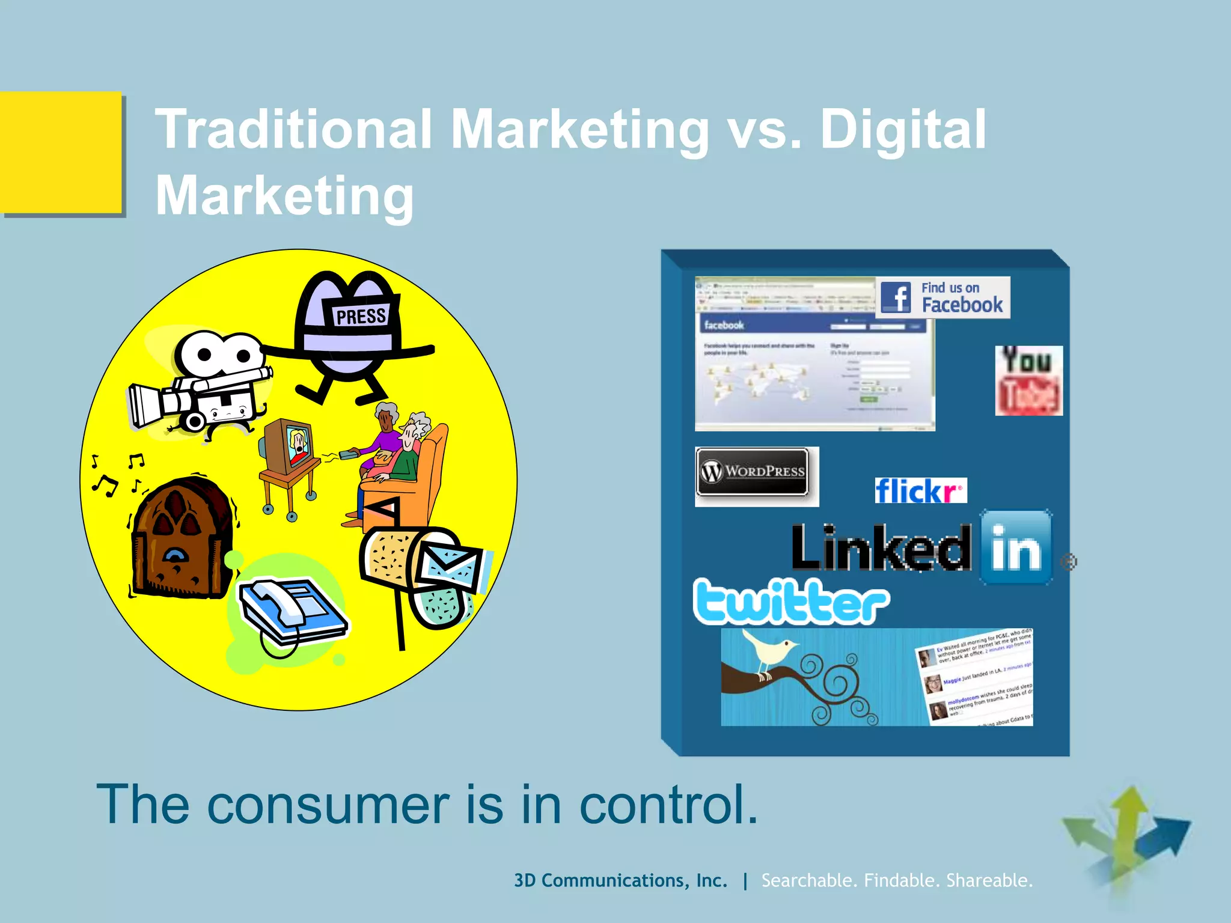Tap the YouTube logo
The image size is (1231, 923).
point(1028,380)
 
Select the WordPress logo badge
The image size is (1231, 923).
point(753,472)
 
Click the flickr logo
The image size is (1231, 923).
point(920,490)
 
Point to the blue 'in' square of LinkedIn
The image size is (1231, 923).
point(1016,547)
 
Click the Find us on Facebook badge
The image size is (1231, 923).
point(942,297)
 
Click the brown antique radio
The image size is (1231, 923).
point(180,538)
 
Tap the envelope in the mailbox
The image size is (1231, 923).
point(450,565)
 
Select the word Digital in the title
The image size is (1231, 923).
point(903,129)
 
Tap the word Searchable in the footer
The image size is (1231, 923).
point(809,880)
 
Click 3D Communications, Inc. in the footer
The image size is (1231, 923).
point(620,880)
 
